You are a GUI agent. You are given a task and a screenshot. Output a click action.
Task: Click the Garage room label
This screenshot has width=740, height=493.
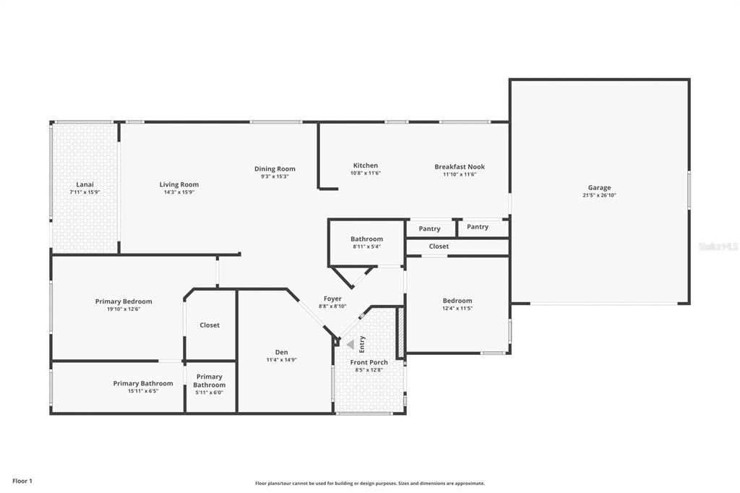point(599,187)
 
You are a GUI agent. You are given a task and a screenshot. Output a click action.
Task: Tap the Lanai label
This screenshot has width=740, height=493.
point(85,184)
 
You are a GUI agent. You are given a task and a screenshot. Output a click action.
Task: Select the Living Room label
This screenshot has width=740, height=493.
point(179,184)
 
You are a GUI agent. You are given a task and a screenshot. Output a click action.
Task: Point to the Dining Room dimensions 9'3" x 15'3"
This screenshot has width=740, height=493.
point(275,176)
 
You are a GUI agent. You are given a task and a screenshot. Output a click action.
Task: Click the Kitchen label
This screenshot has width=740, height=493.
point(365,166)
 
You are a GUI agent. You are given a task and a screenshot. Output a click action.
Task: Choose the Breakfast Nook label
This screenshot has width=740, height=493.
point(460,167)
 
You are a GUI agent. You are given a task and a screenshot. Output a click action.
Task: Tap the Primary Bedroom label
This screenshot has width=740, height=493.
point(124,301)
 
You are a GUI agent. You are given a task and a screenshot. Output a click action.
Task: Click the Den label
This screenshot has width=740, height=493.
point(281,352)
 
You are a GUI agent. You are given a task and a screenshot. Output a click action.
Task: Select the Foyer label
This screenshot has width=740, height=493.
point(332,299)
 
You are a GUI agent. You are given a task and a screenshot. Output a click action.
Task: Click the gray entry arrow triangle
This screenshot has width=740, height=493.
point(350,345)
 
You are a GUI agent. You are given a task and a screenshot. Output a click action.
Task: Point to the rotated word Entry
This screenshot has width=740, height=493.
point(362,344)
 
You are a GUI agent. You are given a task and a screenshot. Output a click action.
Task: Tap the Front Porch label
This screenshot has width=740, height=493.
point(369,362)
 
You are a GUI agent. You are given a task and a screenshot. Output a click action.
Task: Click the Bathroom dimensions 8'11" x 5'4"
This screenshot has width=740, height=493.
point(366,246)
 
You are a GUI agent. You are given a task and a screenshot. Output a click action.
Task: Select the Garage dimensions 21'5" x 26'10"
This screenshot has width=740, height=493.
point(599,195)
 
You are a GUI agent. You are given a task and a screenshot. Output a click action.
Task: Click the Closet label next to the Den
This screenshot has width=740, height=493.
point(210,325)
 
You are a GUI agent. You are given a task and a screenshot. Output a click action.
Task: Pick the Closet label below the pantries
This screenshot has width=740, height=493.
point(439,246)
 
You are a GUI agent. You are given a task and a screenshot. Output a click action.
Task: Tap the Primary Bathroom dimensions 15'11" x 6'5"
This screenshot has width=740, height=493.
point(143,391)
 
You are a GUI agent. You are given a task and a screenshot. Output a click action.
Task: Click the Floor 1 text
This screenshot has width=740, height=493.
point(22,481)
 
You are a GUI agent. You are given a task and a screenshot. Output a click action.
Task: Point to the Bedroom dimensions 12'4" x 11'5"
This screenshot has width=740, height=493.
point(457,309)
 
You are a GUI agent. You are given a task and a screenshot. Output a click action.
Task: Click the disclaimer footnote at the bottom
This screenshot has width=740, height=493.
point(370,484)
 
